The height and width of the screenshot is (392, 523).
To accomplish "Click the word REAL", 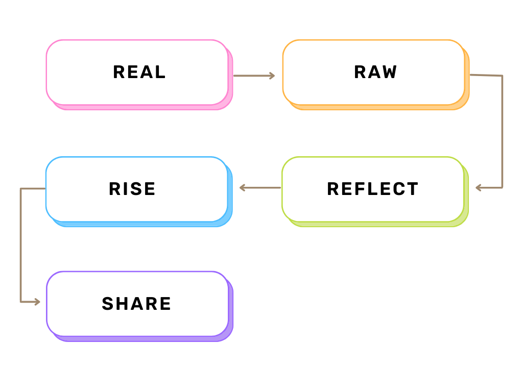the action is coord(139,72).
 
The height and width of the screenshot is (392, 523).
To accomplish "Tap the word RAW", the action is coord(375,72).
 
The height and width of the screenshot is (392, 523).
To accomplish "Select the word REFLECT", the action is coord(372,189).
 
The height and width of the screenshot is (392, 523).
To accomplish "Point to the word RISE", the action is coord(132,189).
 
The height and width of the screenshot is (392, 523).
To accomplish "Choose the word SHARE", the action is coord(136,304).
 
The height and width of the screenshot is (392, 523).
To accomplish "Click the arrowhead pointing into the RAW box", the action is coord(272,76).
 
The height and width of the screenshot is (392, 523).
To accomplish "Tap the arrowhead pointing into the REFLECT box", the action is coord(478,188).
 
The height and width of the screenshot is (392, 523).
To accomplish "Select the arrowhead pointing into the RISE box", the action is coord(243,188).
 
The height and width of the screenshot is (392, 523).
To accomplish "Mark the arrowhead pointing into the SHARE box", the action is coord(37,302).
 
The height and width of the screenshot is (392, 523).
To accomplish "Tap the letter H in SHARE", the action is coord(124,304).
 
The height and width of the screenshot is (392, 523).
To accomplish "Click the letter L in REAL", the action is coord(160,72).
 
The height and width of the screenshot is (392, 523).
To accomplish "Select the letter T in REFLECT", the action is coord(412,189).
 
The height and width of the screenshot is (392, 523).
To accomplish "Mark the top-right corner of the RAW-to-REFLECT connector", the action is coord(502,76).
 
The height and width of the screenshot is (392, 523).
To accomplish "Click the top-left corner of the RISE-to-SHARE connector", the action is coord(20,189).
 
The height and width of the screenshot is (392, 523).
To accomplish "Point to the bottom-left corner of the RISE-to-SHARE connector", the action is coord(20,302).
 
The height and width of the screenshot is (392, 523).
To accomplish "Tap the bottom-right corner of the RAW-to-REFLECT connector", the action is coord(502,188).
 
